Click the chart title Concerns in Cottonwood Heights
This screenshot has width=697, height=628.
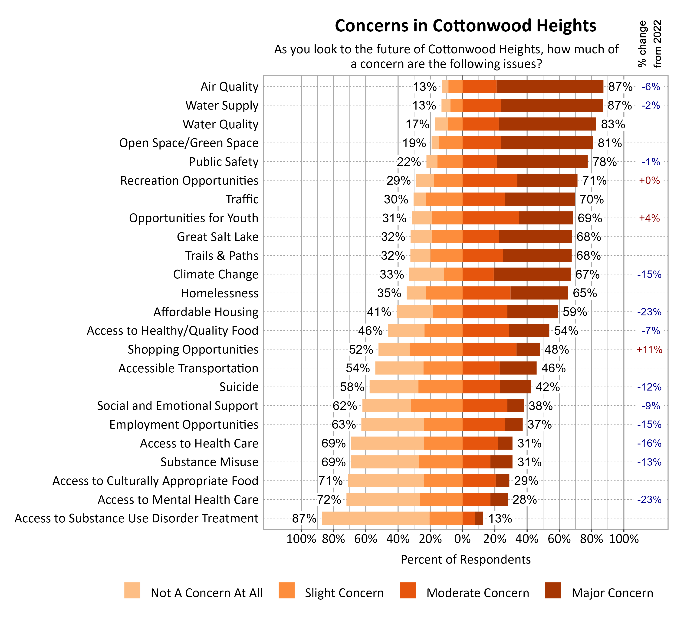tap(465, 26)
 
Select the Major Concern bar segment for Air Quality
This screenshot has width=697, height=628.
tap(550, 87)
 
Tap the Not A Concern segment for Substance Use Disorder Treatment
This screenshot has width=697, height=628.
tap(375, 518)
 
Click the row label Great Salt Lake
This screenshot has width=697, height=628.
tap(217, 237)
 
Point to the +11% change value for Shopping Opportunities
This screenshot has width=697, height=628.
tap(649, 350)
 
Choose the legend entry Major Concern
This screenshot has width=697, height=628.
tap(612, 593)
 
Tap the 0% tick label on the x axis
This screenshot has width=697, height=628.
tap(462, 539)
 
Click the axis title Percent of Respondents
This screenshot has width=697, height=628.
tap(465, 559)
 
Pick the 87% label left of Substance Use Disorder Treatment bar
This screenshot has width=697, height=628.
tap(304, 518)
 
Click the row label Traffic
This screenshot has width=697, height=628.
tap(242, 199)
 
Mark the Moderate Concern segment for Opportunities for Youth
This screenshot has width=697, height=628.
tap(491, 218)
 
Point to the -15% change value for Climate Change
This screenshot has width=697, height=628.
tap(649, 275)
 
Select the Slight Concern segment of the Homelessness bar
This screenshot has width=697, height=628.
tap(444, 293)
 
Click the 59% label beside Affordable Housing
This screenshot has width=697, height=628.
tap(575, 312)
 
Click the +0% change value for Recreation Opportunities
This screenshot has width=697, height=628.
tap(649, 180)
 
